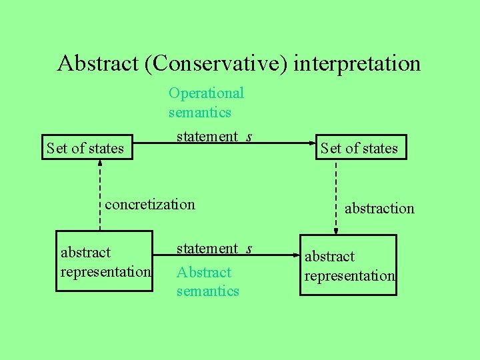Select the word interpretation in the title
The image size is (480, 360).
(x=357, y=63)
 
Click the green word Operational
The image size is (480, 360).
(x=206, y=93)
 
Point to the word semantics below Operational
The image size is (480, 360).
(x=199, y=112)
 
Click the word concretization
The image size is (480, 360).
(x=150, y=204)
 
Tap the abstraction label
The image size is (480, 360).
(x=379, y=209)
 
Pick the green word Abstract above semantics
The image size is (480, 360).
(x=203, y=272)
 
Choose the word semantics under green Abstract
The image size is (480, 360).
(x=207, y=291)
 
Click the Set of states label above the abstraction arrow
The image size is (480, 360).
(x=359, y=148)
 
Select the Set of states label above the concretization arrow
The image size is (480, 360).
(x=85, y=148)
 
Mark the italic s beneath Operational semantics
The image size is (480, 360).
(x=249, y=137)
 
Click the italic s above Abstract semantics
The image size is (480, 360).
(x=249, y=249)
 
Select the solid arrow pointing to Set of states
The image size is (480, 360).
(x=280, y=143)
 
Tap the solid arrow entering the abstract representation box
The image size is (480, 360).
(x=280, y=255)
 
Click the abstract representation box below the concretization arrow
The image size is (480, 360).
(x=105, y=262)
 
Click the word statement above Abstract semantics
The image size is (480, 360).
(x=207, y=249)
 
